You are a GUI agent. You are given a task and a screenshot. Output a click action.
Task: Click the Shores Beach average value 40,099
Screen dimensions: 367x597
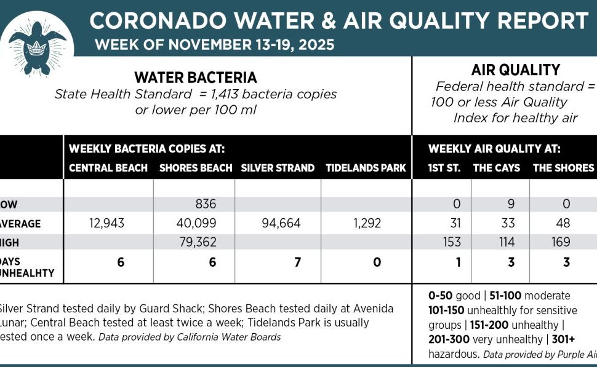tap(196, 223)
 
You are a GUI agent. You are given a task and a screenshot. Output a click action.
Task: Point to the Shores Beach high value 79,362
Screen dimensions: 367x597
tap(196, 242)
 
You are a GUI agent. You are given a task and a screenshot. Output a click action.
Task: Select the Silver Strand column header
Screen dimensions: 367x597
tap(278, 168)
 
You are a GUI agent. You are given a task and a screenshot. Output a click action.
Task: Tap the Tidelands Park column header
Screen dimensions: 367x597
tap(366, 168)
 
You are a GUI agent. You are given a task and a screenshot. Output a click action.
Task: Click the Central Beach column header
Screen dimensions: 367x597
tap(108, 168)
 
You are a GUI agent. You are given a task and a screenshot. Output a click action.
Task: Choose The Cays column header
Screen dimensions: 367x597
tap(496, 168)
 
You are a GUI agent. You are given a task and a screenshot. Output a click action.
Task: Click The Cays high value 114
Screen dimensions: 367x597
tap(507, 242)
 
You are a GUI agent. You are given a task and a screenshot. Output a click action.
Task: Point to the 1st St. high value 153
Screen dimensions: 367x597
tap(452, 242)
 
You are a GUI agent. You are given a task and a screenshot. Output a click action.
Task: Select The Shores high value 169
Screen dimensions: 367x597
tap(561, 242)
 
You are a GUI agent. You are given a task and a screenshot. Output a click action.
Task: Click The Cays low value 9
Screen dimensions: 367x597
tap(507, 204)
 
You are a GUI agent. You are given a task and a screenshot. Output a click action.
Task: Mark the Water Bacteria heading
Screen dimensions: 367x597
tap(196, 77)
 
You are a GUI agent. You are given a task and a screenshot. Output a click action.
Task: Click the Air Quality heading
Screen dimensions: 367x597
tap(507, 70)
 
